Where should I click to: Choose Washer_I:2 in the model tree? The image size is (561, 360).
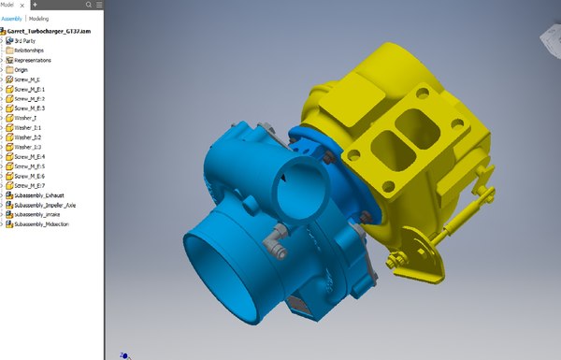pos(28,137)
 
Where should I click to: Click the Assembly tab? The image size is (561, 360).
pos(11,18)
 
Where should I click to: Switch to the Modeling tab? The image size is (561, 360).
pos(39,18)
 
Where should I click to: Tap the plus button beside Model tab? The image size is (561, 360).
pos(34,5)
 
